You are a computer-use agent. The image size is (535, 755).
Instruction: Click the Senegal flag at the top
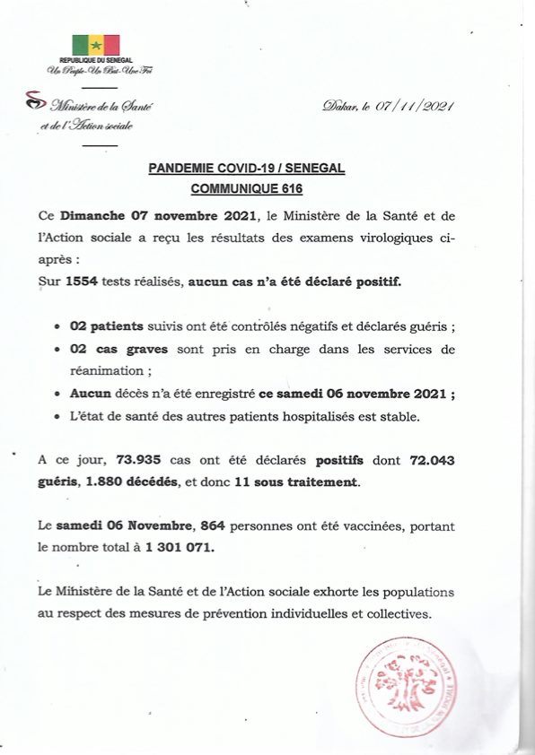[x=95, y=44]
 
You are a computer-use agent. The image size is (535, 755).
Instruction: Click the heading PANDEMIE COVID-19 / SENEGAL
[x=245, y=168]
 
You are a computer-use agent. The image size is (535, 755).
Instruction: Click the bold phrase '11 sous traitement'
[x=296, y=482]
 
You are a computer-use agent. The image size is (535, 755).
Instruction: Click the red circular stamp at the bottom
[x=412, y=689]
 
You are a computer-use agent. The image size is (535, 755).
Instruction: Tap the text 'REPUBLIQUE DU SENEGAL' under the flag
[x=95, y=60]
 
